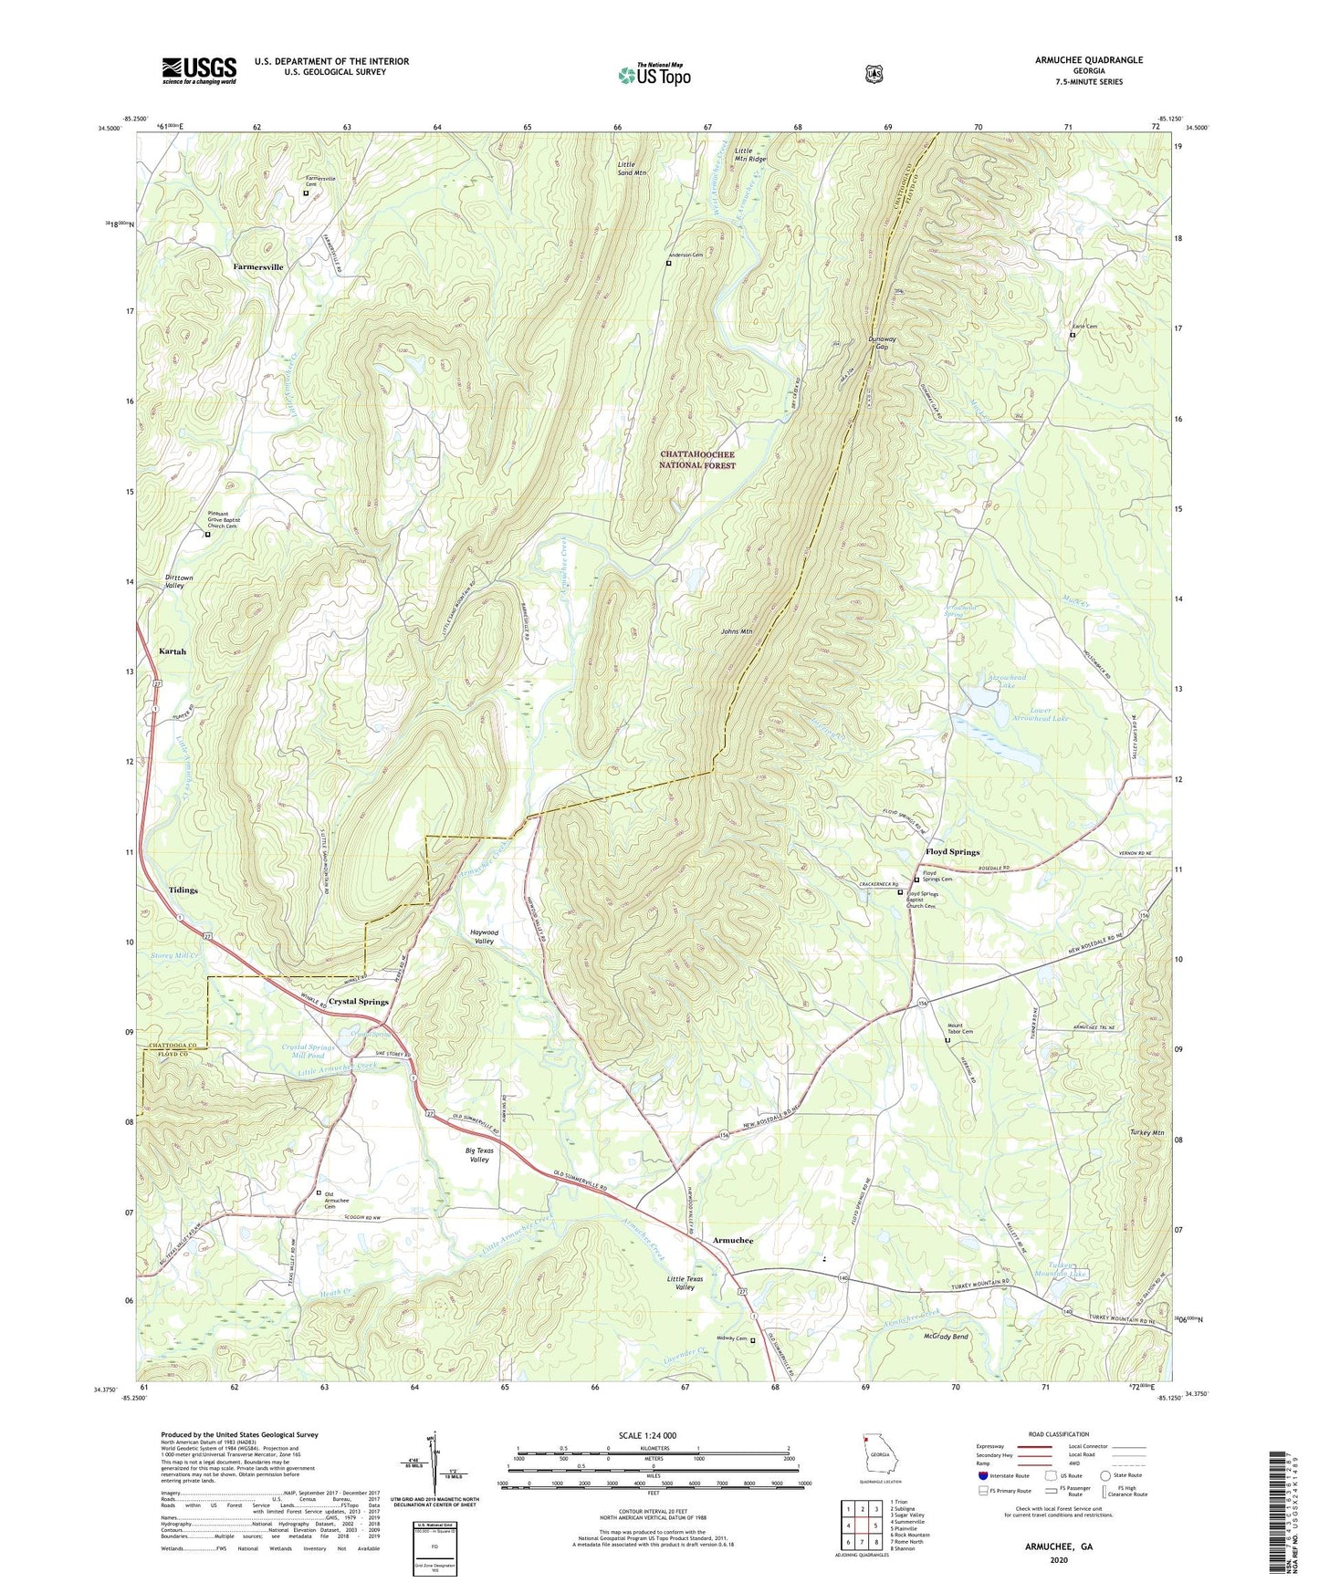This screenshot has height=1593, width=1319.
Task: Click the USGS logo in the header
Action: click(199, 70)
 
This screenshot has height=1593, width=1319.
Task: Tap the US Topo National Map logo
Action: click(653, 75)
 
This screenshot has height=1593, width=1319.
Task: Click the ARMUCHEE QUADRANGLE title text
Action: click(1088, 60)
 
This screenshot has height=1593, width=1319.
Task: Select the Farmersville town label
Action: click(258, 267)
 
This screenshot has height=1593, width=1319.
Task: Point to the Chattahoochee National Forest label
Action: click(697, 459)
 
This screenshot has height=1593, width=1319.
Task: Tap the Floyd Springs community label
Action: click(952, 851)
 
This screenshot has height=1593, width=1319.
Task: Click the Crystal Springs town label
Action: click(359, 1001)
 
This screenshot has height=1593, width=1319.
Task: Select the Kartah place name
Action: click(173, 651)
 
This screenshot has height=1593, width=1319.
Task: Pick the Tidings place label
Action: click(183, 890)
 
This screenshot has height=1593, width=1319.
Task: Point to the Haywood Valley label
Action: click(484, 936)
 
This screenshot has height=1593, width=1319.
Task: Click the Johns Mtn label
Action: click(736, 631)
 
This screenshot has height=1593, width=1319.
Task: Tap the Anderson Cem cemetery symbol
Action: click(668, 264)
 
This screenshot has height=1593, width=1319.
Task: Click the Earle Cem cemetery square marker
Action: click(1072, 335)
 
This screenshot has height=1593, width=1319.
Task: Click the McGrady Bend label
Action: click(946, 1337)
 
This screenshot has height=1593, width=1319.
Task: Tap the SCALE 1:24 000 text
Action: click(647, 1435)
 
